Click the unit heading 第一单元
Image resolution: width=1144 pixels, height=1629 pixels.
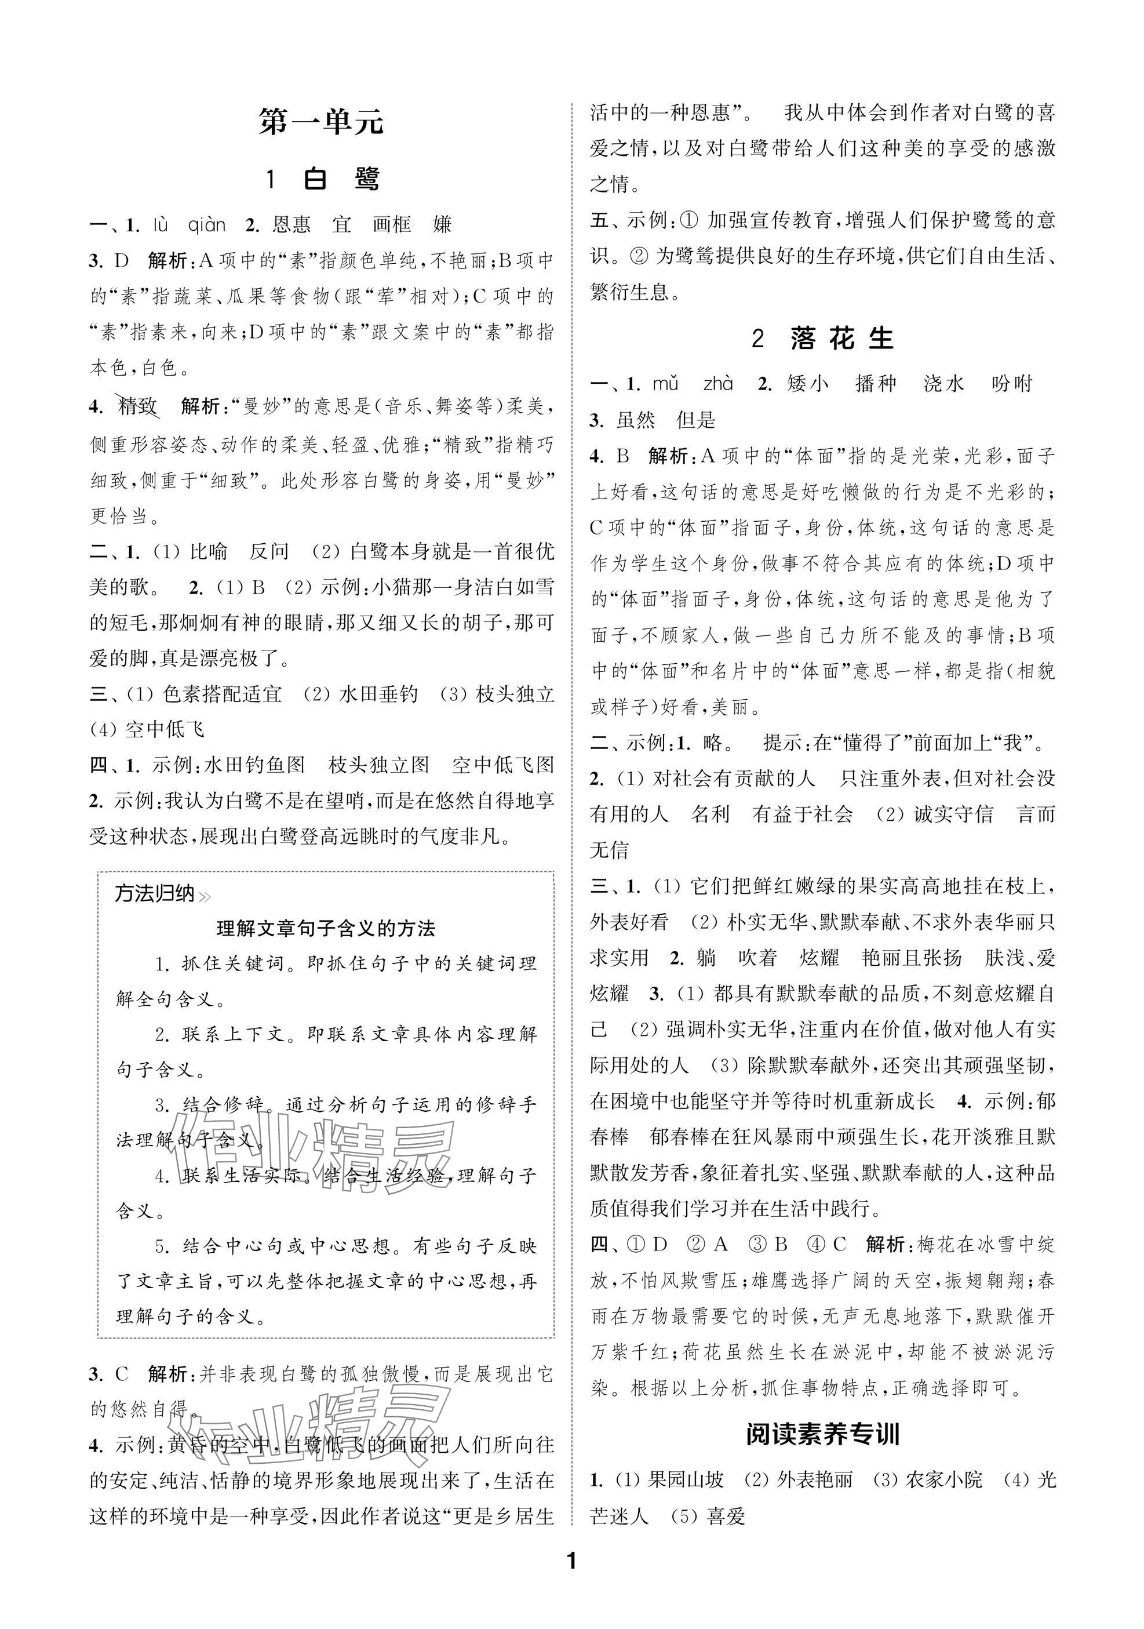[x=320, y=123]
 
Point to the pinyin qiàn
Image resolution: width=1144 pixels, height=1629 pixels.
[x=206, y=226]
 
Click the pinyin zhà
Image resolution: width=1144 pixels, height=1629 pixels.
[x=717, y=384]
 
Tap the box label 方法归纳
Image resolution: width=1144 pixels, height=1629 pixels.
[x=155, y=893]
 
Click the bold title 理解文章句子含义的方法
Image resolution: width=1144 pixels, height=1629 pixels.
[x=326, y=928]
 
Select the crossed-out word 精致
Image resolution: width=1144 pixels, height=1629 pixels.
[x=137, y=406]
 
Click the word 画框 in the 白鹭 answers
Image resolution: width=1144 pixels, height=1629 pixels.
[x=392, y=226]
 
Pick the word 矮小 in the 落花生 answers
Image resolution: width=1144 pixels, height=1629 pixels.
[x=807, y=384]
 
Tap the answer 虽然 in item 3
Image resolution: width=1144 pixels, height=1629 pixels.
[x=636, y=420]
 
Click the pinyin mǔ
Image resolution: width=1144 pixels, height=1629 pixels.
[x=665, y=384]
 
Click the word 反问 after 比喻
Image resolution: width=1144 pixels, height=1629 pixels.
[x=269, y=551]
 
